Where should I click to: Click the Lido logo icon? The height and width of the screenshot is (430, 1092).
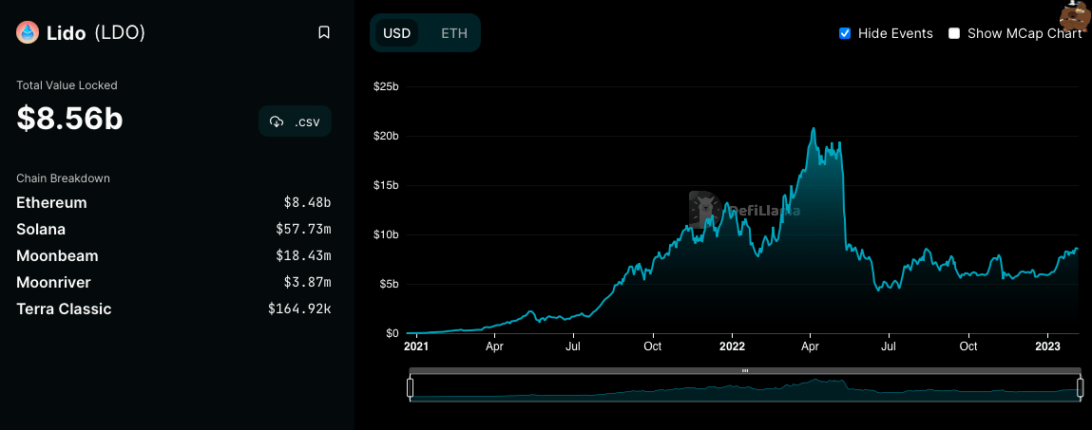28,33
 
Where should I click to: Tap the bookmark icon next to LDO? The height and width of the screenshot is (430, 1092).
324,33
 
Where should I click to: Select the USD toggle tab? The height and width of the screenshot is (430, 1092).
396,33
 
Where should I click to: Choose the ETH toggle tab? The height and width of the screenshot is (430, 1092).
454,33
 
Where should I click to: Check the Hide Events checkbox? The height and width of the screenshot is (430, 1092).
845,33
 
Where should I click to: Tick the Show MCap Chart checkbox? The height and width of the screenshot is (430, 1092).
954,33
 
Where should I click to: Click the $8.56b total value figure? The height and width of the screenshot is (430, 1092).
69,119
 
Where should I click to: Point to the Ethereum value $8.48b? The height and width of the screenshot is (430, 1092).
307,203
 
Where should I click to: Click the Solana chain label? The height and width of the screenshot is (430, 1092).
41,230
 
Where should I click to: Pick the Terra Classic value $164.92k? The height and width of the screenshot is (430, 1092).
299,309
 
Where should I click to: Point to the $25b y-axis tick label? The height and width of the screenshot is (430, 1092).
385,86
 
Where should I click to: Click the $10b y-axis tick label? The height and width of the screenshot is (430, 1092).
385,234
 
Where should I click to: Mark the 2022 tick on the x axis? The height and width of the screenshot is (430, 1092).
731,347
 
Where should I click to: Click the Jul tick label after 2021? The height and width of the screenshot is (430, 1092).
573,347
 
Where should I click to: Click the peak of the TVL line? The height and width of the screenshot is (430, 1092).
813,128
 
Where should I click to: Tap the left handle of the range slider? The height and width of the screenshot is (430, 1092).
411,387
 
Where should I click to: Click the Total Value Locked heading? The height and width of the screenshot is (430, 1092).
67,85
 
